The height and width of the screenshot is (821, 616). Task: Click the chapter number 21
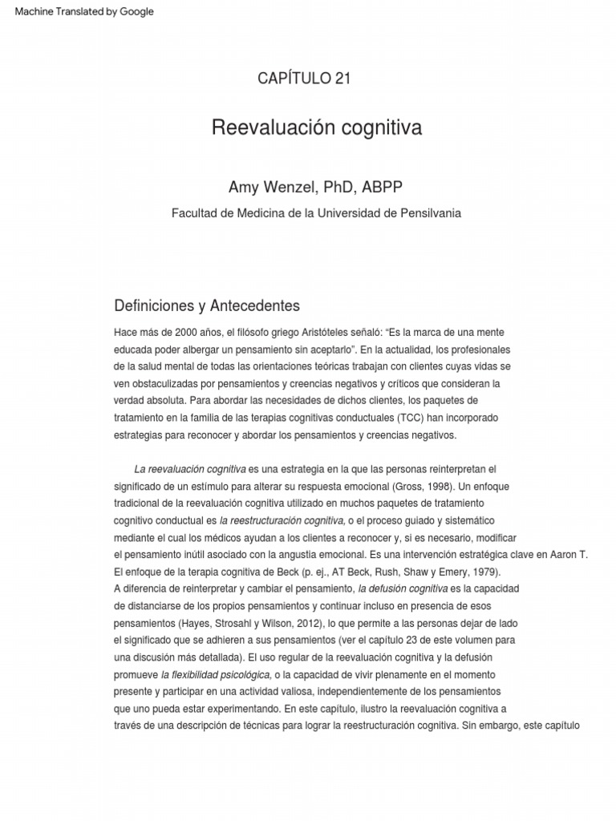click(x=341, y=78)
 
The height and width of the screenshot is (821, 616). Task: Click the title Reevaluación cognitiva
click(x=317, y=127)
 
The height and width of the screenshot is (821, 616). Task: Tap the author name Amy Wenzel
click(x=273, y=187)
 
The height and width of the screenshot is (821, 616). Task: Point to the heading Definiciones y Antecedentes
click(x=207, y=305)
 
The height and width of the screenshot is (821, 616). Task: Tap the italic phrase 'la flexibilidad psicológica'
click(x=216, y=674)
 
